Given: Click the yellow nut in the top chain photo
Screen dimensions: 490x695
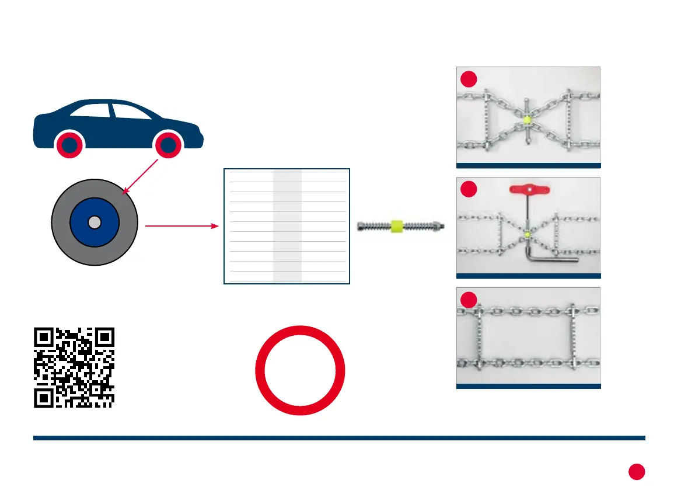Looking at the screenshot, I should [x=526, y=120].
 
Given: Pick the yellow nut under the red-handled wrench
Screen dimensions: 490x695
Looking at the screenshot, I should [x=527, y=235].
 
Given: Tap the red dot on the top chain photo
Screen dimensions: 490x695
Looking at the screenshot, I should [x=467, y=79].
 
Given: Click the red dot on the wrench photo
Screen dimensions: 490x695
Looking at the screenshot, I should [x=467, y=189].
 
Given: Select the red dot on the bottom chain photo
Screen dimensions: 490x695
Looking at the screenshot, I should [x=467, y=300].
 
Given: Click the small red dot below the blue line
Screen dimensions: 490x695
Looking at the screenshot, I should [x=637, y=471].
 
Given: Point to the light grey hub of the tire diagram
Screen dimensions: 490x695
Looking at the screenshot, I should [x=95, y=222].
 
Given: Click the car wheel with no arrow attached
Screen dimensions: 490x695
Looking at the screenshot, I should [x=70, y=145].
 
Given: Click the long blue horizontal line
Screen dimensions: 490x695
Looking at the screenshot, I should [x=339, y=437].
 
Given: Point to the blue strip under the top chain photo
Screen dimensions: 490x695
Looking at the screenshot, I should [x=528, y=165].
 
